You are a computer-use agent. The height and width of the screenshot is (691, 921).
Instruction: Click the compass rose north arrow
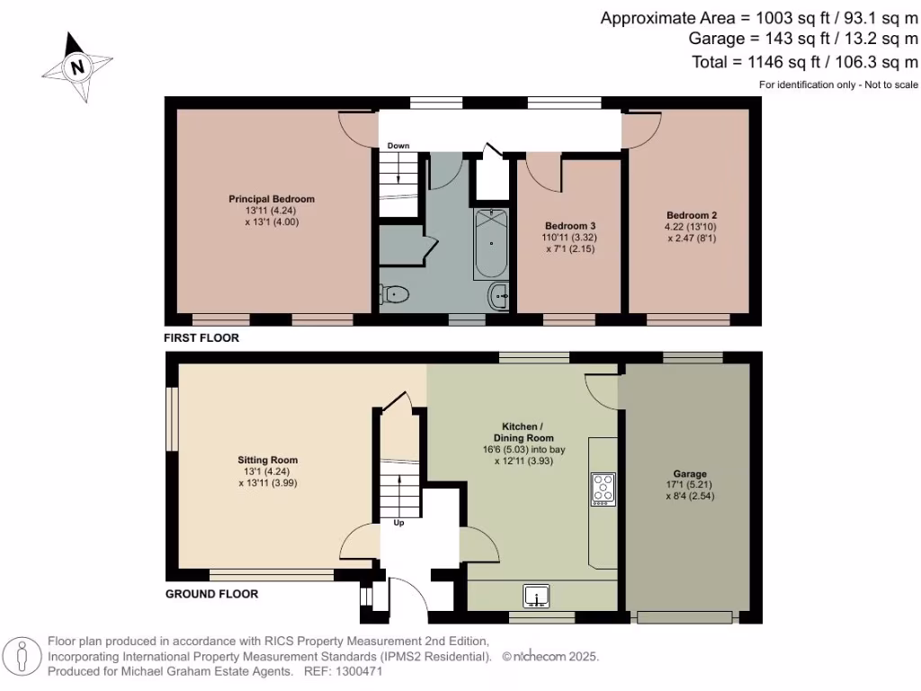click(x=77, y=66)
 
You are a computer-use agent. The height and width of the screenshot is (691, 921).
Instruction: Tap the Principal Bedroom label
click(x=272, y=199)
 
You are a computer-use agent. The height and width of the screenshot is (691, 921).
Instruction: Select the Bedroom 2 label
click(x=691, y=215)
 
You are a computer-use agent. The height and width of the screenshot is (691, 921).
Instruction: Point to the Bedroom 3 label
click(x=570, y=226)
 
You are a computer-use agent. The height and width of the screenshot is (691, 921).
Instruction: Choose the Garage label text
click(x=690, y=473)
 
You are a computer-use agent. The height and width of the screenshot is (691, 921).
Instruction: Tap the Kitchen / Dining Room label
click(x=522, y=431)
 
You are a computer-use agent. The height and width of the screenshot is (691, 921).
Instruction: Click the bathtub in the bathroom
click(x=491, y=244)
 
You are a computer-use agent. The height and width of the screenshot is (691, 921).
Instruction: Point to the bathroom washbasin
click(x=499, y=295)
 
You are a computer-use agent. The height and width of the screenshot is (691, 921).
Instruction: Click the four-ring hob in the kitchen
click(x=603, y=489)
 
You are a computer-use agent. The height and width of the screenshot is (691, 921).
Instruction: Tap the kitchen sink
click(x=538, y=596)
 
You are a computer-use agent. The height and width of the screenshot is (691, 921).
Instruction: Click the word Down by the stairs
click(x=398, y=146)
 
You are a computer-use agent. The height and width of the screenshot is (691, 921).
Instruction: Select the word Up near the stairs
click(x=399, y=522)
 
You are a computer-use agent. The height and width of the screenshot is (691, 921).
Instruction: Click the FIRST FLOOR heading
click(x=201, y=338)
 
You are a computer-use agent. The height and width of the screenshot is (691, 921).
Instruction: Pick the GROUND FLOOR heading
click(x=211, y=594)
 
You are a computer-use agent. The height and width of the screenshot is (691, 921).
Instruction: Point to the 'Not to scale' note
click(x=886, y=85)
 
